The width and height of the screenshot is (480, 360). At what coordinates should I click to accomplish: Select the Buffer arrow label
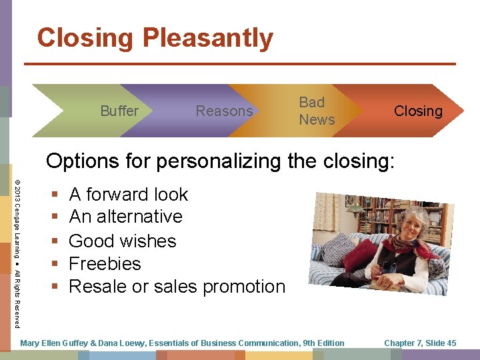coord(119,111)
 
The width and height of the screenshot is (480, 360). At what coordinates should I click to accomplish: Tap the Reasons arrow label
coord(224,111)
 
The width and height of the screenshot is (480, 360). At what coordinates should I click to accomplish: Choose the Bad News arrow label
coord(317,111)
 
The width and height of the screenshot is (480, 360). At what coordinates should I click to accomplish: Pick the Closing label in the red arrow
coord(418,111)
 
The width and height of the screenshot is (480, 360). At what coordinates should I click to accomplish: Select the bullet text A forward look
coord(129,194)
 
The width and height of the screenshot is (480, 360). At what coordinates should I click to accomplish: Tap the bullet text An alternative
coord(125,217)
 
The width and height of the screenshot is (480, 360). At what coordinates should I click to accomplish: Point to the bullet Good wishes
coord(122,240)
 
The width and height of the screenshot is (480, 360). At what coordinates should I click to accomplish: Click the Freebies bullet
coord(105,263)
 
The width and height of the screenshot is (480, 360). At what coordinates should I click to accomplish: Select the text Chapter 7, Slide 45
coord(420,343)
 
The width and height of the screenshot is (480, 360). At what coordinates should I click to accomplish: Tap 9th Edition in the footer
coord(323,343)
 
